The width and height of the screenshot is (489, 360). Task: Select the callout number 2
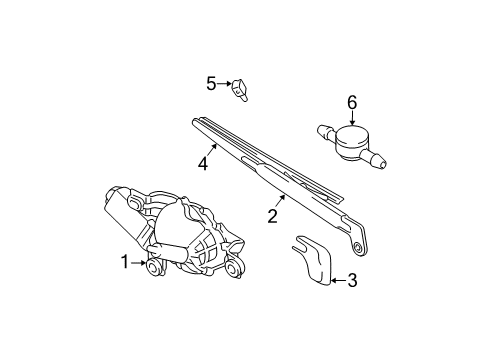(271, 213)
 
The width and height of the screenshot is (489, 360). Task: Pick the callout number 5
(211, 82)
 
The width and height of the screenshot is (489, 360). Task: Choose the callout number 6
(351, 102)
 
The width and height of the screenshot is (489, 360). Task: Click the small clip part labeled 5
(240, 91)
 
